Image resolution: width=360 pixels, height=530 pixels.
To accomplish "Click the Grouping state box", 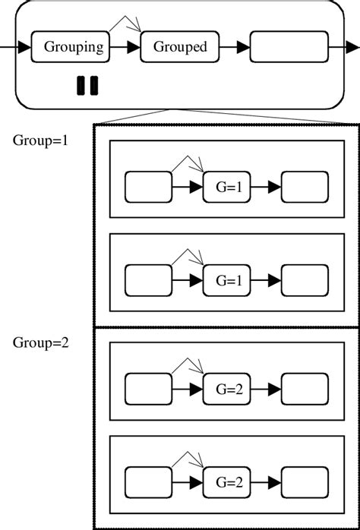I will click(73, 47).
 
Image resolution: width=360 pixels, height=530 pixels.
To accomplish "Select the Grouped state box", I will click(180, 47).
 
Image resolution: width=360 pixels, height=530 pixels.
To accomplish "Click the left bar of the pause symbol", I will click(81, 86).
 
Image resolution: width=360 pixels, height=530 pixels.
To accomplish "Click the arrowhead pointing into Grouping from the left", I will click(24, 47).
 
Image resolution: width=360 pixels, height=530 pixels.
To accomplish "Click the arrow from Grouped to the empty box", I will click(237, 47).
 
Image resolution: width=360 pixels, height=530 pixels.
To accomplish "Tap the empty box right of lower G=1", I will click(305, 280).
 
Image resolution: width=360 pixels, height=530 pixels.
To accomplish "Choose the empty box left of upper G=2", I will click(147, 390).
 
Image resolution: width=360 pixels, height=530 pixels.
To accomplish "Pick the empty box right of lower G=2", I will click(305, 481).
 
